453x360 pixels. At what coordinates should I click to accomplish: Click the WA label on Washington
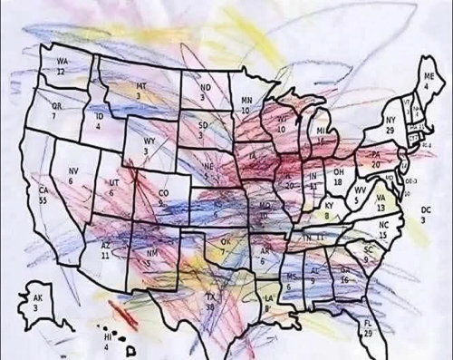pos(62,61)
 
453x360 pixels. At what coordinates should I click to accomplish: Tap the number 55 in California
pos(43,199)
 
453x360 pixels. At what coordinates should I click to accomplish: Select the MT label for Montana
pos(141,83)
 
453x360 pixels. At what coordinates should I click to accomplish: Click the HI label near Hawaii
pos(107,336)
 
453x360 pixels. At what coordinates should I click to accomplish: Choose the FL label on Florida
pos(368,324)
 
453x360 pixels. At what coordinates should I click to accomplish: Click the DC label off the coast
pos(427,209)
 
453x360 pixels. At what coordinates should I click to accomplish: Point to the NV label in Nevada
pos(72,170)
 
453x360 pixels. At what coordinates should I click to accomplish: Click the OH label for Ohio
pos(338,171)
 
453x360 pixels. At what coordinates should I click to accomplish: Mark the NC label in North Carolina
pos(384,224)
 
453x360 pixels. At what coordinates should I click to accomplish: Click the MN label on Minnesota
pos(246,100)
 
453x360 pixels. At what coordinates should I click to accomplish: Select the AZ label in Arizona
pos(105,245)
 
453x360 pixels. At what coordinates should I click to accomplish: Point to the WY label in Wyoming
pos(149,141)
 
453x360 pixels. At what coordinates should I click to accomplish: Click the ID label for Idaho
pos(99,117)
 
